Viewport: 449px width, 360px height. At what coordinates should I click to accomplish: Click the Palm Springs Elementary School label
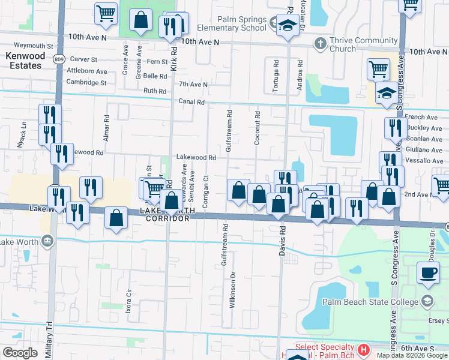[x=242, y=23]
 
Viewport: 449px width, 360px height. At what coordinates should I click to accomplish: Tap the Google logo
[x=20, y=353]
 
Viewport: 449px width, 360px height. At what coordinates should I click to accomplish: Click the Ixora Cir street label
[x=128, y=294]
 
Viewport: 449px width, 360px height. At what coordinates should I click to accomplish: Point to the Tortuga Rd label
[x=276, y=76]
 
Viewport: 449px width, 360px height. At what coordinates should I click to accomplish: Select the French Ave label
[x=421, y=117]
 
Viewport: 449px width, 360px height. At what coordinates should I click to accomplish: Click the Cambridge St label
[x=88, y=82]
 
